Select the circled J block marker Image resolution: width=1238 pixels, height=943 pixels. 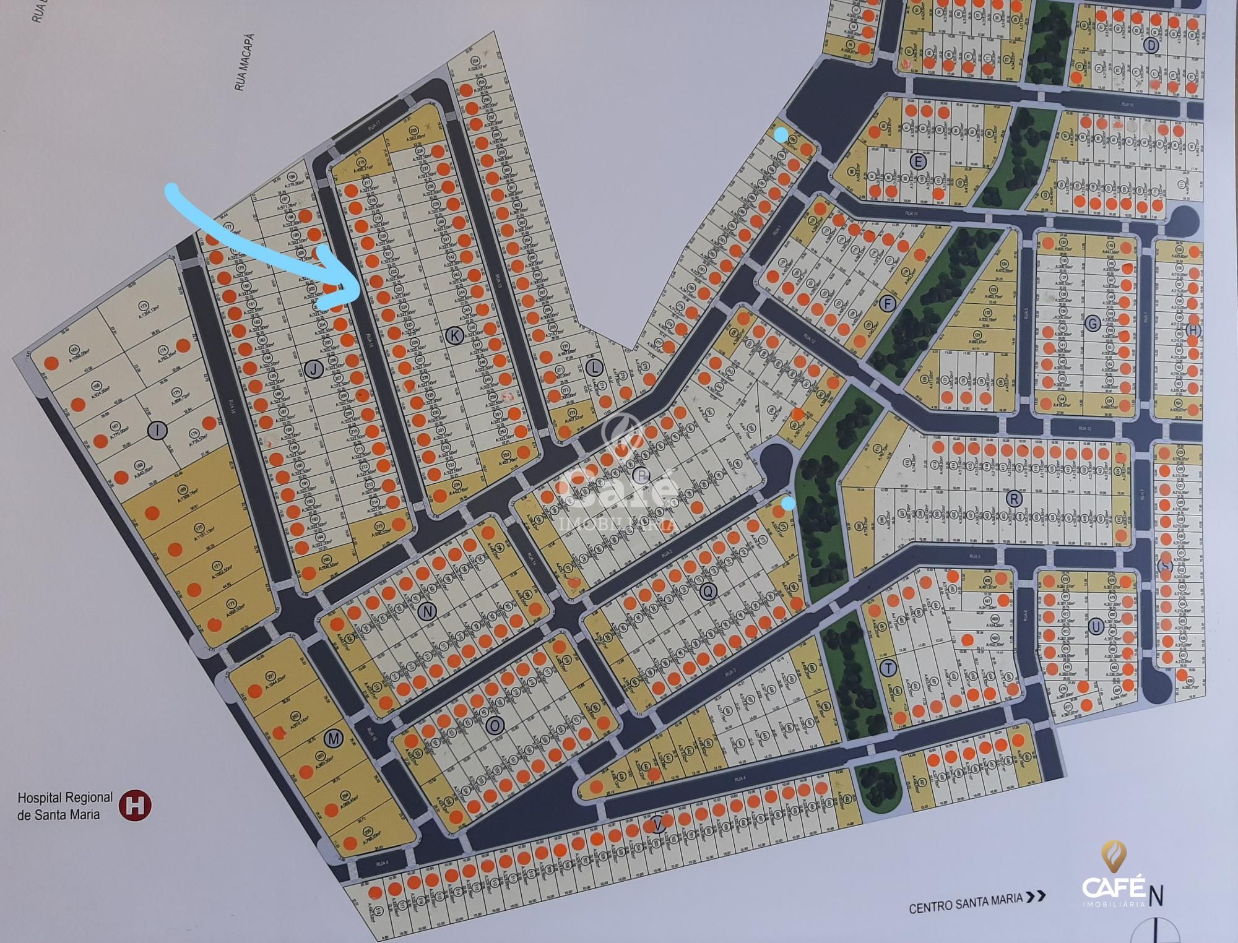[314, 369]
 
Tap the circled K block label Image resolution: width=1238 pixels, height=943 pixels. [454, 336]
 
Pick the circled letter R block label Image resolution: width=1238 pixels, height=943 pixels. [1014, 498]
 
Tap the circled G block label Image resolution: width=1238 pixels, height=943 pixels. [1092, 323]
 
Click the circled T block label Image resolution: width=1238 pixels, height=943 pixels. [890, 668]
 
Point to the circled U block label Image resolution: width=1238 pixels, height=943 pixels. [1096, 627]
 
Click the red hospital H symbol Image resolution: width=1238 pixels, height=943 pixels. [134, 805]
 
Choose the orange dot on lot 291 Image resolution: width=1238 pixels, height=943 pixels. [253, 691]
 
